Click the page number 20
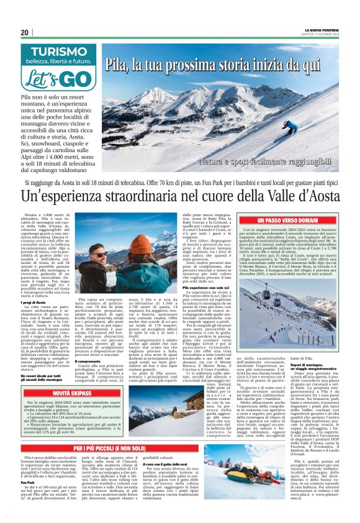[25, 32]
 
